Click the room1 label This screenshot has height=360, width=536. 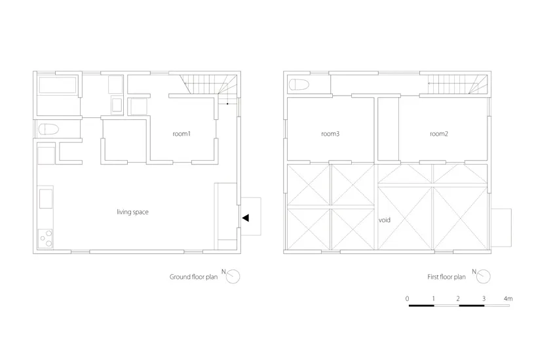[x=181, y=134]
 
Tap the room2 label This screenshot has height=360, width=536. [x=438, y=134]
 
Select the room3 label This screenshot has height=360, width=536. [x=330, y=134]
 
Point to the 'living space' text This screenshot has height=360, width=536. [x=132, y=212]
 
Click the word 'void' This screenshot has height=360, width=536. [x=384, y=220]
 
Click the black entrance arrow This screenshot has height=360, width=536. [x=246, y=218]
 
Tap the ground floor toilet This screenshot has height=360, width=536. [x=48, y=129]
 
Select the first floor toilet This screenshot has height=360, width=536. [x=299, y=85]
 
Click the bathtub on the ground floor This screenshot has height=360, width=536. [x=58, y=85]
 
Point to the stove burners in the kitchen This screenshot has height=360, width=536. [x=45, y=238]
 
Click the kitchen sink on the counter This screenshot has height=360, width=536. [x=46, y=199]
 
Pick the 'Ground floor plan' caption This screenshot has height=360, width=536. [x=193, y=277]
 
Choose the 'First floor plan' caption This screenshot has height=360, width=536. [x=446, y=277]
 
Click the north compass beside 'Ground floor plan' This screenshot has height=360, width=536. [x=233, y=277]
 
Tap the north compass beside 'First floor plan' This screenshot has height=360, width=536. [x=484, y=277]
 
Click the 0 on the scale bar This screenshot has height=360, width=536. [x=407, y=299]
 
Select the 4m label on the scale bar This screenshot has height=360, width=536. [x=508, y=299]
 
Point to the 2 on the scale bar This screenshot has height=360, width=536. [x=458, y=299]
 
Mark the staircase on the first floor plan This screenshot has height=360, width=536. [x=458, y=84]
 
